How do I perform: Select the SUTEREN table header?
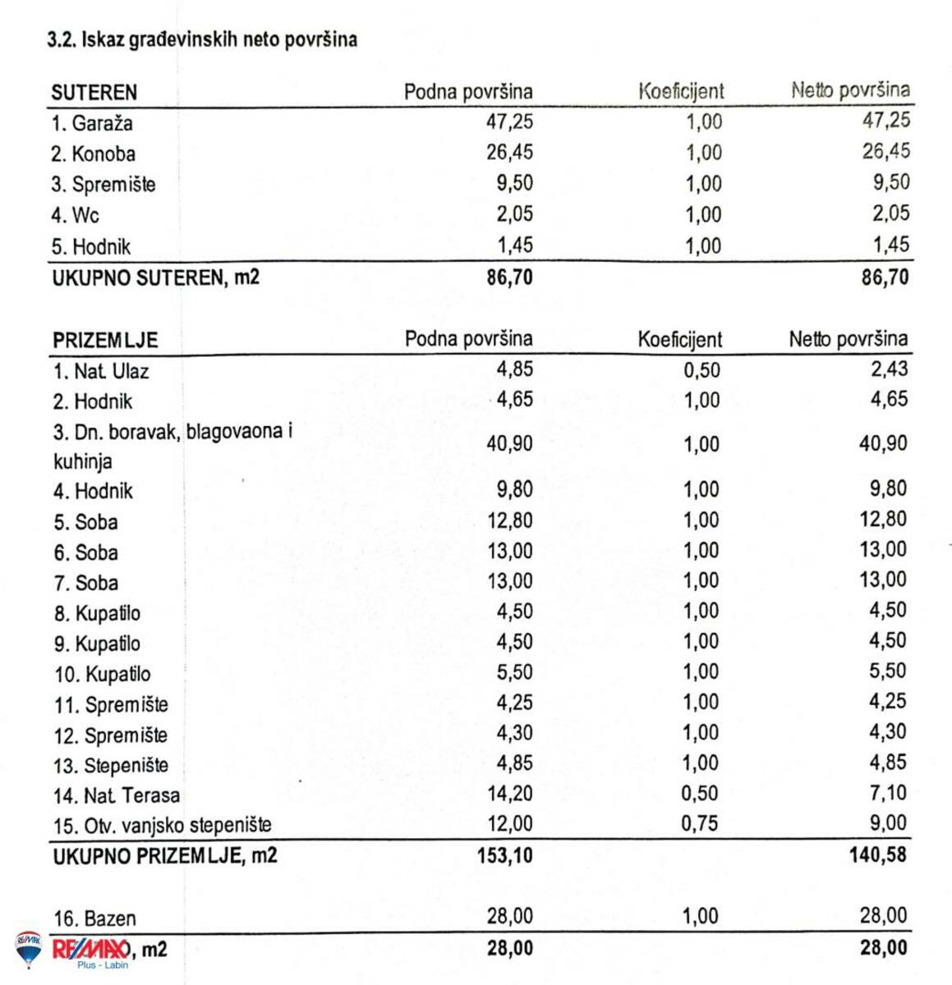tap(94, 92)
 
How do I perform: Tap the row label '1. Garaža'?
tap(91, 123)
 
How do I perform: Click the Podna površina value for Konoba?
tap(509, 152)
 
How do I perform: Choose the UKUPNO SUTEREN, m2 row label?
tap(155, 277)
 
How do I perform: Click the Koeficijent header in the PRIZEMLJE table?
tap(679, 339)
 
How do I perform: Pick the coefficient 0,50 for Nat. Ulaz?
tap(701, 370)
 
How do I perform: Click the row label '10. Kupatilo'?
tap(103, 675)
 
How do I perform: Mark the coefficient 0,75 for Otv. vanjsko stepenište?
tap(699, 823)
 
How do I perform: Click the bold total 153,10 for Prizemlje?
tap(504, 855)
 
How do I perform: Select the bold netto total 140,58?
tap(877, 854)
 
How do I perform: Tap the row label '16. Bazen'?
tap(94, 919)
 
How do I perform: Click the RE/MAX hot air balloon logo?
tap(28, 949)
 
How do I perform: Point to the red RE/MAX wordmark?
tap(90, 950)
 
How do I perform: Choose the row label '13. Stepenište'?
tap(110, 766)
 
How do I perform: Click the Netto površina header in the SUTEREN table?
tap(850, 90)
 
